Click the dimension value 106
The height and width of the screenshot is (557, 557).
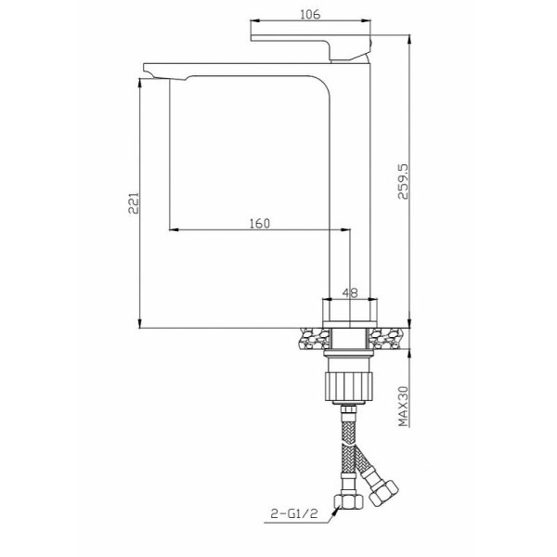tap(311, 14)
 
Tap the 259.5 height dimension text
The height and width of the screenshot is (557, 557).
tap(401, 189)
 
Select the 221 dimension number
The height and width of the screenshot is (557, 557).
tap(133, 202)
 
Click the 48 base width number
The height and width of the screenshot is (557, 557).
tap(351, 292)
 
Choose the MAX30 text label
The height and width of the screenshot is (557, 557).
tap(402, 407)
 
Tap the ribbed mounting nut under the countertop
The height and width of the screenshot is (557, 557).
tap(351, 382)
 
